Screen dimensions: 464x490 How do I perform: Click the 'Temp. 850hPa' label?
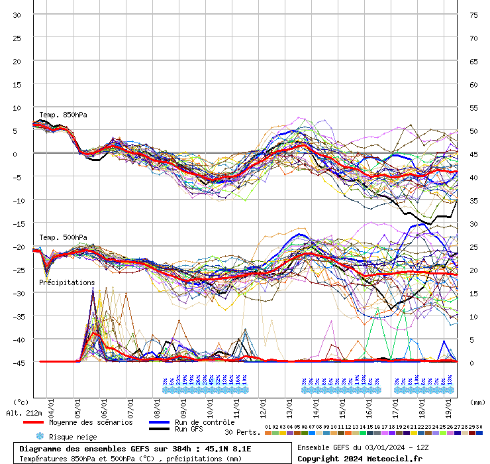tap(63, 115)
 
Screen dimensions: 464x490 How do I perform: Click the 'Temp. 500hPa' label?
tap(63, 237)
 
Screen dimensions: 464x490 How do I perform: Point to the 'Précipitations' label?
tap(67, 282)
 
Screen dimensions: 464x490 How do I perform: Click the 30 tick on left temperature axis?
tap(17, 15)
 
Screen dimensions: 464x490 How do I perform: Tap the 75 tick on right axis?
tap(473, 15)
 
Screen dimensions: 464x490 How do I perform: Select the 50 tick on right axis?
tap(473, 131)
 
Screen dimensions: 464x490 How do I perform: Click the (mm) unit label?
tap(476, 402)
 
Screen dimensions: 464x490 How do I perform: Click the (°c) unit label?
tap(21, 402)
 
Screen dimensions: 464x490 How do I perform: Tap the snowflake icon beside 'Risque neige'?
tap(40, 436)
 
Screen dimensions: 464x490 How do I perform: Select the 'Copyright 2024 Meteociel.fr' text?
tap(359, 458)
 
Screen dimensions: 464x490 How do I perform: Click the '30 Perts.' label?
tap(241, 432)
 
